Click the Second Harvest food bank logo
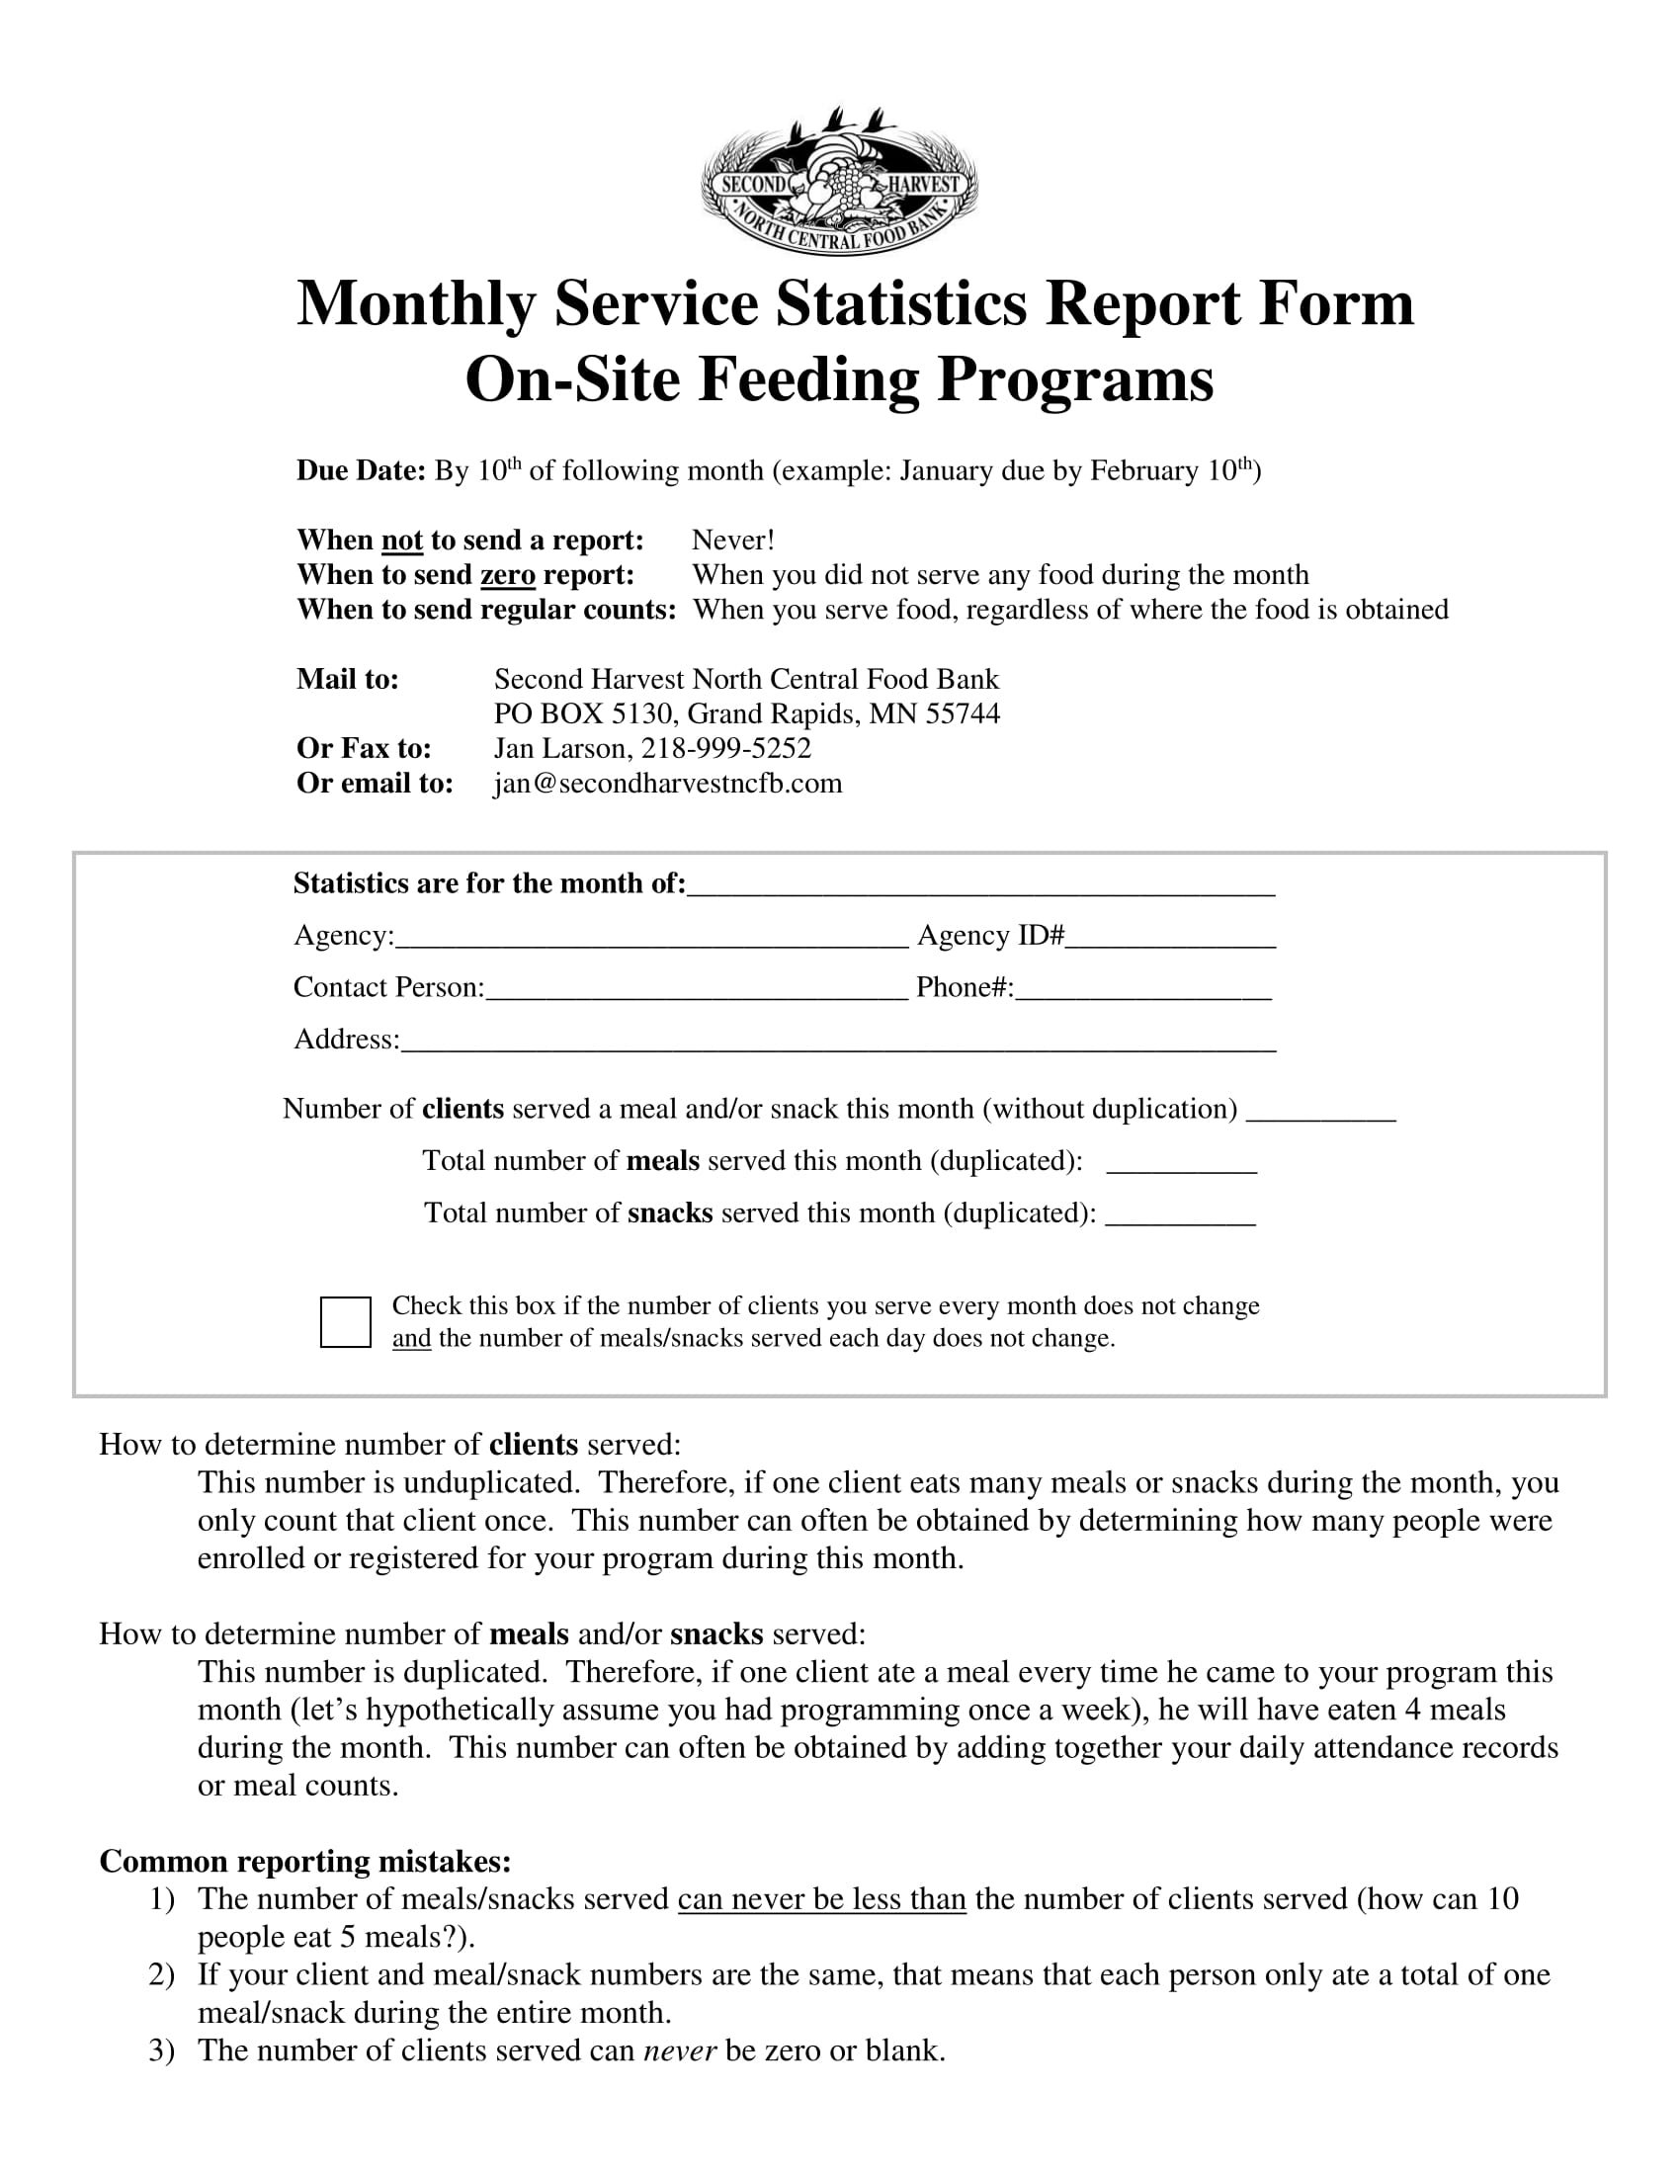[839, 182]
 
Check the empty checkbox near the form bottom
[345, 1322]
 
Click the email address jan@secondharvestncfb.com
[668, 784]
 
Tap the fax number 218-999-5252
[725, 749]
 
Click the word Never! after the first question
[732, 541]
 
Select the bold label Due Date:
[362, 470]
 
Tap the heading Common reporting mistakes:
[305, 1861]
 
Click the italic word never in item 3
[680, 2050]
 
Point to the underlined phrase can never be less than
[821, 1899]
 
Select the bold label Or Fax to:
[365, 749]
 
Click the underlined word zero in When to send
[508, 575]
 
